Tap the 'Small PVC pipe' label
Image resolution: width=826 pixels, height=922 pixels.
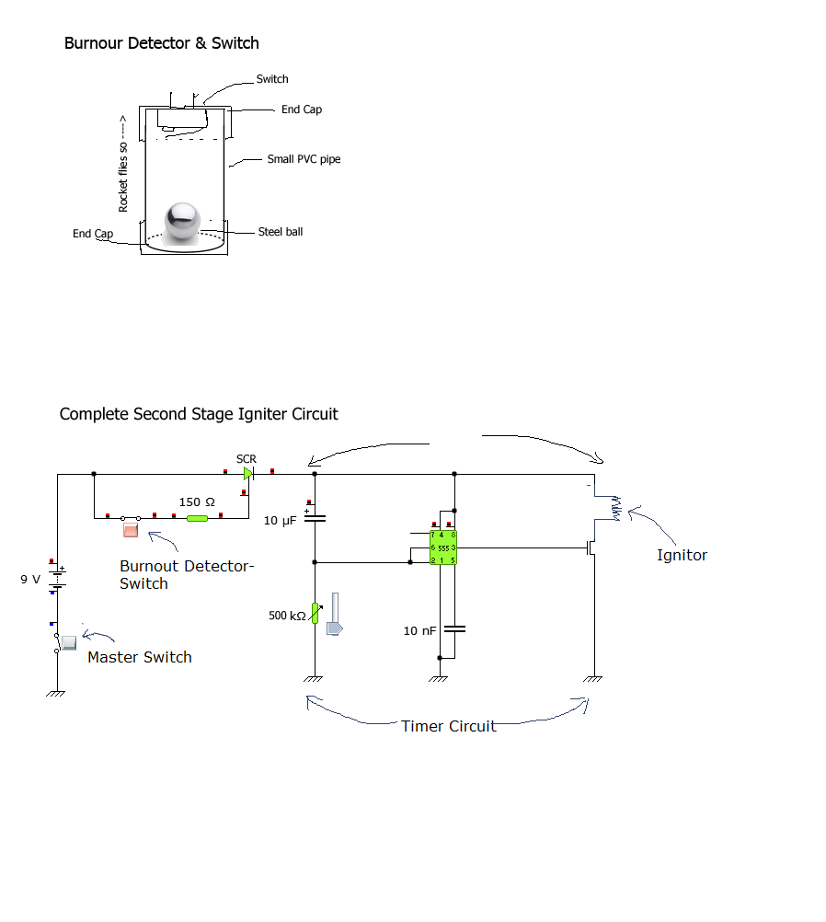pos(304,159)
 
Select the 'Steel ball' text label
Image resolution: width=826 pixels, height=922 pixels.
pos(280,232)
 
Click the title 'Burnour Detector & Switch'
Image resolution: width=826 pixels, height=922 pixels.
pos(162,43)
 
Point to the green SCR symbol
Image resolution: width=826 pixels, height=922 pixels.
pos(248,474)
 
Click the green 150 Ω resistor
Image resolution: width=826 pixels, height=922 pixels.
pos(197,518)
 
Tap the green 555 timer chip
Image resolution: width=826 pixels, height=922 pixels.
pos(443,547)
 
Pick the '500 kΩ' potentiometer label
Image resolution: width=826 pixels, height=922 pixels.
pos(287,616)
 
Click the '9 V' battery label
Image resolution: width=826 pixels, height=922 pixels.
pos(31,580)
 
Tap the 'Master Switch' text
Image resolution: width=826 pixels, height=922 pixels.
pos(140,657)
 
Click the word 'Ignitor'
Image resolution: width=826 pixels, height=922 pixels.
pos(682,555)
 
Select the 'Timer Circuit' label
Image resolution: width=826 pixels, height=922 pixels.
pos(448,726)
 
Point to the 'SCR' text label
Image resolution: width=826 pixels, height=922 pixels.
pos(247,458)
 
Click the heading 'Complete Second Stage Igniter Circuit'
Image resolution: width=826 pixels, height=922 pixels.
pos(199,414)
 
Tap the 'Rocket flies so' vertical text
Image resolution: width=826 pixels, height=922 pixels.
pos(123,166)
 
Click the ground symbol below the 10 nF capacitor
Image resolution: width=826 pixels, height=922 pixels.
pos(439,679)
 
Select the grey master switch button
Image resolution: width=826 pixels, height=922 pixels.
pos(69,640)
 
